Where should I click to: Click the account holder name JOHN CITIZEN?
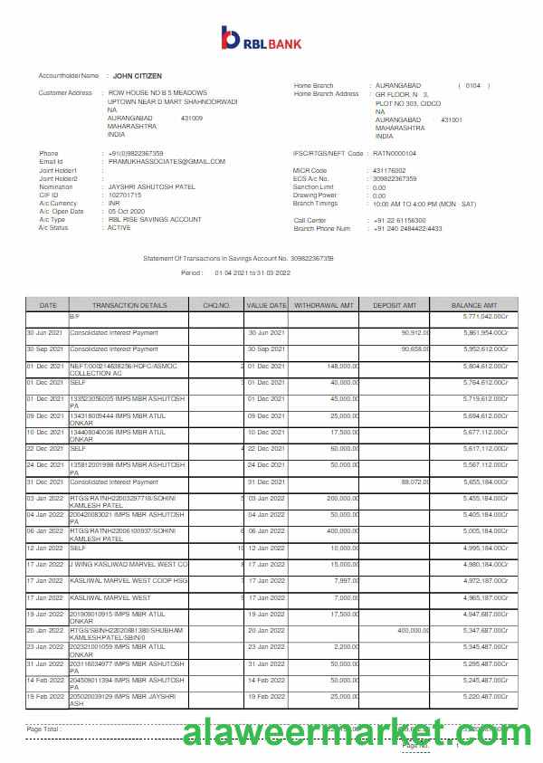click(138, 76)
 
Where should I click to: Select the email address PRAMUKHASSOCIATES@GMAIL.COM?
click(167, 161)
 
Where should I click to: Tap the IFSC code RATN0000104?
click(395, 154)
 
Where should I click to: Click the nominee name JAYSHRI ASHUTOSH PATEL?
click(151, 186)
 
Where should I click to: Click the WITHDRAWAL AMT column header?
click(324, 305)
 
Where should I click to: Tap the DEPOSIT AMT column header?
click(395, 305)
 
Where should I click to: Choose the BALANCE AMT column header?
click(475, 305)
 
